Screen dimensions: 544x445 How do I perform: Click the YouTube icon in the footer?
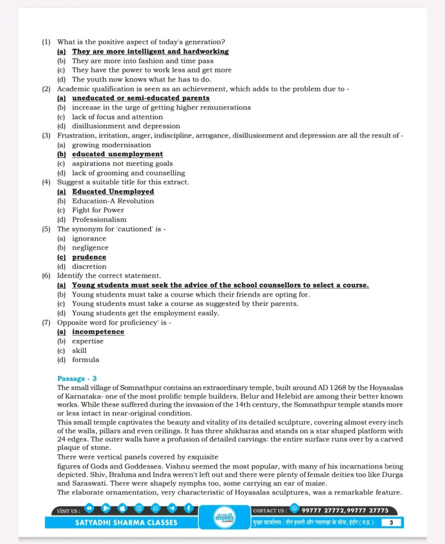(x=89, y=508)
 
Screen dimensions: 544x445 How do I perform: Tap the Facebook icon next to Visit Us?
(x=188, y=508)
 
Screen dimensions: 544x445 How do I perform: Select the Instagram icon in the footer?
(x=139, y=508)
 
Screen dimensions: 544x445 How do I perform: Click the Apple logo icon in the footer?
(x=122, y=508)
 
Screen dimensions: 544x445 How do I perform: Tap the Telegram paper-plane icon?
(x=172, y=508)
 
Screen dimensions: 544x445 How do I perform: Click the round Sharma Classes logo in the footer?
(x=225, y=517)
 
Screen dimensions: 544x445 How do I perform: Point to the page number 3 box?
(x=391, y=522)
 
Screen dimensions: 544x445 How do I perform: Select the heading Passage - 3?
(x=77, y=378)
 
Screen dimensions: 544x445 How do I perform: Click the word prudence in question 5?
(x=89, y=257)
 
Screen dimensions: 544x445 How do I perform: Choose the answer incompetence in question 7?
(x=98, y=332)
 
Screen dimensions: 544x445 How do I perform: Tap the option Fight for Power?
(x=98, y=210)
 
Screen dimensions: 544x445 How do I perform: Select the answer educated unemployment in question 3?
(x=117, y=154)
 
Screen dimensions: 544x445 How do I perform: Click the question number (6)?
(x=46, y=276)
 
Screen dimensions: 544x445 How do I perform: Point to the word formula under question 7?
(x=85, y=360)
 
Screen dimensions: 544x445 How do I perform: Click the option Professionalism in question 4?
(x=99, y=220)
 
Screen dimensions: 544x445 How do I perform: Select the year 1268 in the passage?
(x=337, y=388)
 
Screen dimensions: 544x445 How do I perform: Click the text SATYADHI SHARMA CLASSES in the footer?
(x=126, y=522)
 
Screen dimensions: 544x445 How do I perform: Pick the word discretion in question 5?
(x=89, y=266)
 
